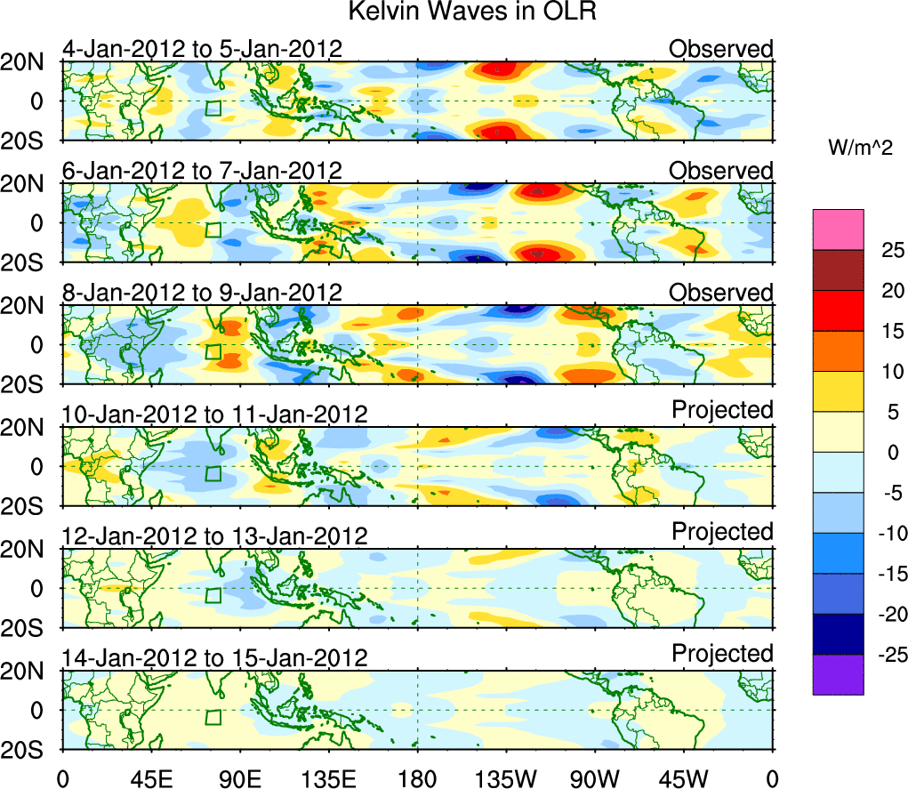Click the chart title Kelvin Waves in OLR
click(465, 12)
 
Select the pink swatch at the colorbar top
click(837, 229)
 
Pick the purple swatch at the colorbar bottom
click(837, 674)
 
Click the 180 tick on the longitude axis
click(417, 778)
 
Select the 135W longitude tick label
click(506, 778)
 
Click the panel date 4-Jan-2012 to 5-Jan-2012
click(202, 49)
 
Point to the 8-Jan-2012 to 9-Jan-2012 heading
click(202, 293)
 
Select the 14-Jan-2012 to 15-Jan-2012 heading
click(214, 658)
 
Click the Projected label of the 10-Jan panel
click(722, 410)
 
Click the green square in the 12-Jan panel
click(213, 595)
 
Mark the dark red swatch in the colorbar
click(837, 270)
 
